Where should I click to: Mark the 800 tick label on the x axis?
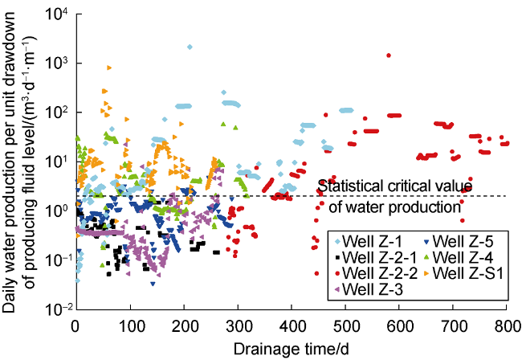(x=507, y=326)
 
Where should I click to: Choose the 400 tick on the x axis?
(x=291, y=326)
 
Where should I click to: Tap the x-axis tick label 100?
(x=129, y=326)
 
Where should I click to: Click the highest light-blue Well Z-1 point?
(x=190, y=47)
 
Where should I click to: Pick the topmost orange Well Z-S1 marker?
(x=109, y=67)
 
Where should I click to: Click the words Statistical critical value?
(x=394, y=186)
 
